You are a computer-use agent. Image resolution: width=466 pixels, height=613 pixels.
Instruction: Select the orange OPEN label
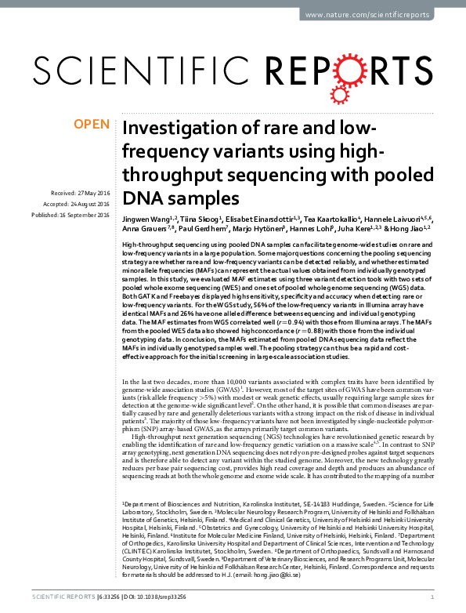click(91, 125)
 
